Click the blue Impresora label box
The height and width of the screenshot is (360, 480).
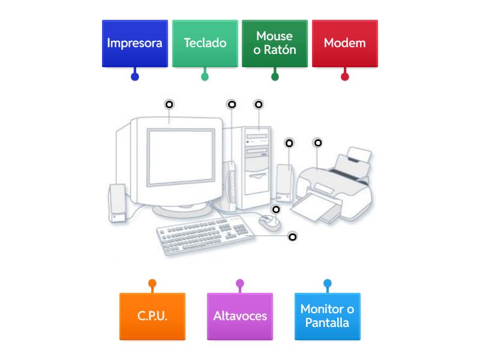[x=134, y=43]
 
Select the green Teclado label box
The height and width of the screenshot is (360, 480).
[x=205, y=43]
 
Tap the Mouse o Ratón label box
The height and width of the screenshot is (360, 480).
[x=275, y=43]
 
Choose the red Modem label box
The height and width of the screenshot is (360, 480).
[x=344, y=43]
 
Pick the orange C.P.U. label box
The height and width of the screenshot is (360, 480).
[x=152, y=316]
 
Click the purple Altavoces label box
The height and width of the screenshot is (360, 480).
[x=239, y=316]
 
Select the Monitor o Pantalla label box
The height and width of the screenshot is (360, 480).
[x=327, y=316]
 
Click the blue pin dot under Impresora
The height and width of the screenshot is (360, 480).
[x=135, y=76]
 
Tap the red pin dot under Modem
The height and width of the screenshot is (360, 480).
[x=345, y=76]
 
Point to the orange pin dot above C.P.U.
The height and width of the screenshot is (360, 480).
[x=152, y=283]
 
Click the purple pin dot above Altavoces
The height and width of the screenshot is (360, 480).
[x=240, y=283]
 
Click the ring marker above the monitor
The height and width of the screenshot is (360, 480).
[x=169, y=104]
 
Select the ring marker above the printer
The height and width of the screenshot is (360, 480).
[x=318, y=143]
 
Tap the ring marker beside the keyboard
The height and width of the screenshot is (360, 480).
[x=293, y=236]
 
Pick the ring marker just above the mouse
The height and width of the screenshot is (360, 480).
[x=276, y=209]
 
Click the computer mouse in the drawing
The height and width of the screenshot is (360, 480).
[x=269, y=223]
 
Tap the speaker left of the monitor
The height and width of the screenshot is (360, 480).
[x=118, y=203]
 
